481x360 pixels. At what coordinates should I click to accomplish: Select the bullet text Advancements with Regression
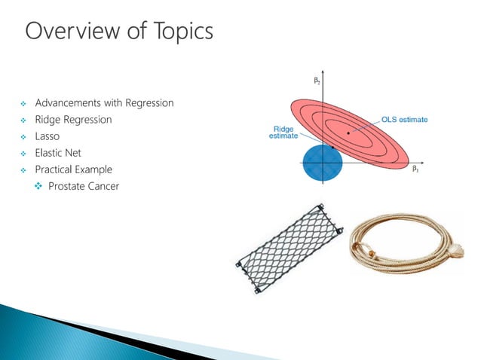(104, 102)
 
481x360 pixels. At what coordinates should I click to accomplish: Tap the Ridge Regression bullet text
(73, 119)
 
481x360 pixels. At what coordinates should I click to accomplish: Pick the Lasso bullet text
(47, 136)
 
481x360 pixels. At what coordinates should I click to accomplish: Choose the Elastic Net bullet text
(58, 153)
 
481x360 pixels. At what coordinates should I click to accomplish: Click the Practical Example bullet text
(73, 169)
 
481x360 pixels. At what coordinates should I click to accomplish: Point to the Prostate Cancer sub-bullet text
(83, 186)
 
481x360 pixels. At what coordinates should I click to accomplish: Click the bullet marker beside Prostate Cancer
(39, 186)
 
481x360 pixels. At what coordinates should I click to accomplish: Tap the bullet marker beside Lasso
(24, 136)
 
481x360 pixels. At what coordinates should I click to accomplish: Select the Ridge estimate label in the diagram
(283, 132)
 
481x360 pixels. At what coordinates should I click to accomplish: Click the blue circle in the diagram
(323, 163)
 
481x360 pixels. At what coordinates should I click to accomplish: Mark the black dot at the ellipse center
(348, 134)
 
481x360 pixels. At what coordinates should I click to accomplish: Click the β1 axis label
(415, 170)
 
